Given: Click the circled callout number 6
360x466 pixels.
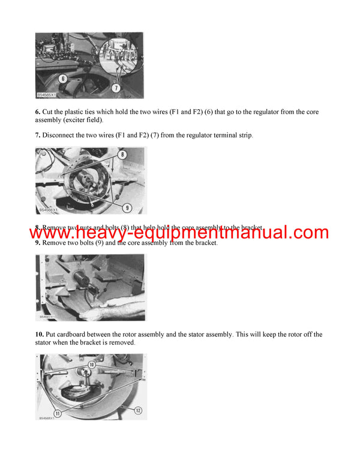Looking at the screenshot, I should point(62,78).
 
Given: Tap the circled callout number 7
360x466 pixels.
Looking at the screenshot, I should point(116,88).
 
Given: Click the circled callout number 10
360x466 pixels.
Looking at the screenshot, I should point(92,364).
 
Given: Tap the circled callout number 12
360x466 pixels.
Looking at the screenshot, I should point(138,411).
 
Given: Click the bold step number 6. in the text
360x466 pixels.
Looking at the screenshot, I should point(38,112).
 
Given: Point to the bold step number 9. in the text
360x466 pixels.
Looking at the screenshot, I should point(38,243).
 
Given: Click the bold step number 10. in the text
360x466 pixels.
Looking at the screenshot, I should point(40,334).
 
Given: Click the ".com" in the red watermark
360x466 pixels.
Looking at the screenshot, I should point(301,232).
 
